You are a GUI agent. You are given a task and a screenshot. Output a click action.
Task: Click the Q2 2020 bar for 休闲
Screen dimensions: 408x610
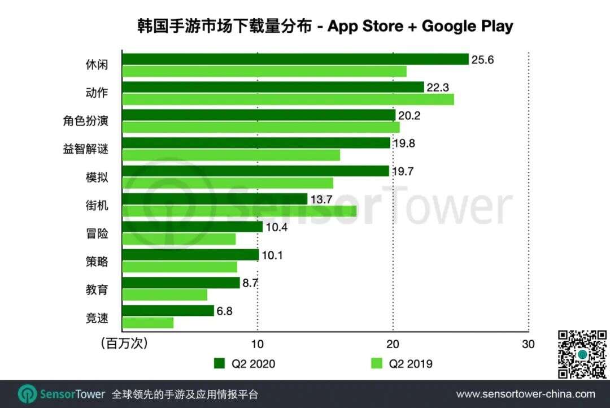point(295,59)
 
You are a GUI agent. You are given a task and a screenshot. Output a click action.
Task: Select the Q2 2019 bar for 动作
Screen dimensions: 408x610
point(288,99)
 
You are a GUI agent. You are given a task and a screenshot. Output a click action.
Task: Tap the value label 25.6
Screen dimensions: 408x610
point(483,59)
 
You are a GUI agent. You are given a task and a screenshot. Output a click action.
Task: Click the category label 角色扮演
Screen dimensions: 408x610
point(85,121)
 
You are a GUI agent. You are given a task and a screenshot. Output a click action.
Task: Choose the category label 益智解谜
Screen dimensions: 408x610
point(85,149)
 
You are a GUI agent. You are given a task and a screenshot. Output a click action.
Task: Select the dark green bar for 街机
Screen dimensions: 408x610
point(215,199)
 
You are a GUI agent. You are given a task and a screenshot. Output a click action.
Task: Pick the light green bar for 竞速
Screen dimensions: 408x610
point(148,323)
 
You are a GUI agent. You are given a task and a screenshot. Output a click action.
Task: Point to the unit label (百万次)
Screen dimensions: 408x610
point(124,344)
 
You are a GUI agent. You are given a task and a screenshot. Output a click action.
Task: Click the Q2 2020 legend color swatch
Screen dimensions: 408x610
point(220,363)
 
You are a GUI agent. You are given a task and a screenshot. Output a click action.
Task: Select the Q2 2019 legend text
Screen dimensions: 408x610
point(411,363)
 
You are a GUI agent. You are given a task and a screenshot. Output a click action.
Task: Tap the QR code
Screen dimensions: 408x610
point(582,354)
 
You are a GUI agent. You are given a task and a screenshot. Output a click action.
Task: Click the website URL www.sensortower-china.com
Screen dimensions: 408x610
point(525,394)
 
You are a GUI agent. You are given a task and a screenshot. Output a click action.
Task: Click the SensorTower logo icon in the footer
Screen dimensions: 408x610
point(27,394)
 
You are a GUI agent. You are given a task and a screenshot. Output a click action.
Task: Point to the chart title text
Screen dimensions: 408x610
point(325,26)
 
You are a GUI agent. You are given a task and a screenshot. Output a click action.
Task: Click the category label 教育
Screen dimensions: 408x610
point(93,290)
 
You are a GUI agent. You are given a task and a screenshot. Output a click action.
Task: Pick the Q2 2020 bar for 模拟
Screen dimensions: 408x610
point(255,171)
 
